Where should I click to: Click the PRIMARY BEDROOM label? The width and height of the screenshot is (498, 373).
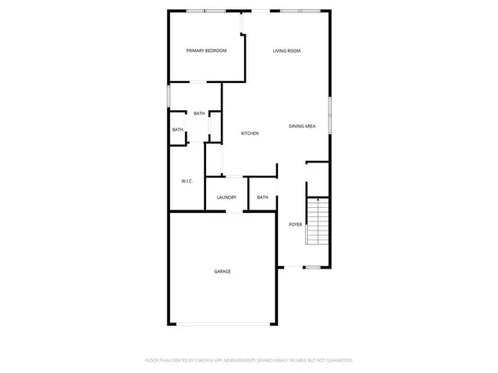tap(206, 51)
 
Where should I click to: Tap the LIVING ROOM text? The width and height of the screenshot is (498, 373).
tap(286, 51)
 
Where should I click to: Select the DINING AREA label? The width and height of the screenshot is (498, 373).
tap(301, 126)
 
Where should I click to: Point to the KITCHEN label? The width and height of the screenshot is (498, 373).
tap(250, 133)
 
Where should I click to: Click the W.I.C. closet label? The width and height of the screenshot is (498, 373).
tap(187, 181)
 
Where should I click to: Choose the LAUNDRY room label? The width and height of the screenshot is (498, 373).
tap(227, 197)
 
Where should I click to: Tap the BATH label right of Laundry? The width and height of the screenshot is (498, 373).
tap(262, 197)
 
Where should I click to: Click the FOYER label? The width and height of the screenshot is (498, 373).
tap(295, 225)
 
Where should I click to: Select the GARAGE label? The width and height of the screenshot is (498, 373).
tap(222, 272)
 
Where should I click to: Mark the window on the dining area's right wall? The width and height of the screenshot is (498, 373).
tap(330, 114)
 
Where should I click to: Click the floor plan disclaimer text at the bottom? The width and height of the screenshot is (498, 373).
tap(249, 361)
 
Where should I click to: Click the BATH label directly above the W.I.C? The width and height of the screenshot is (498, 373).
tap(178, 130)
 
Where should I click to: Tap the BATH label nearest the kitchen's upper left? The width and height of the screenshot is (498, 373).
tap(199, 114)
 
